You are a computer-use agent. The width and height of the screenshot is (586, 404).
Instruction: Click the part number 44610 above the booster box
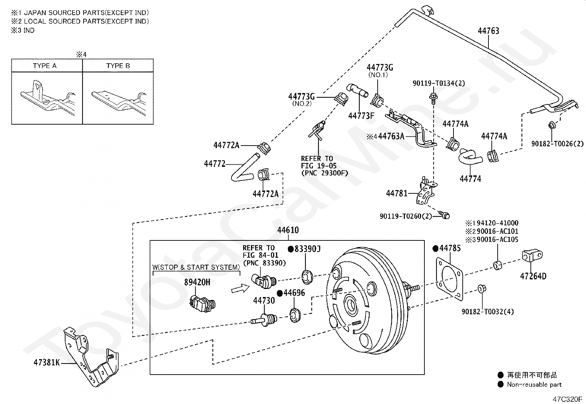pyautogui.click(x=288, y=230)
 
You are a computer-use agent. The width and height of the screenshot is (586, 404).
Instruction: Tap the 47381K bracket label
pyautogui.click(x=47, y=362)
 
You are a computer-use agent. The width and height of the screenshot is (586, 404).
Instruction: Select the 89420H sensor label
pyautogui.click(x=197, y=282)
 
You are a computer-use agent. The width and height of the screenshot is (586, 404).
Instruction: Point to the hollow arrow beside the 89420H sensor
pyautogui.click(x=240, y=289)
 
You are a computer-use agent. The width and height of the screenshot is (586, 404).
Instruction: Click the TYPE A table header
pyautogui.click(x=45, y=65)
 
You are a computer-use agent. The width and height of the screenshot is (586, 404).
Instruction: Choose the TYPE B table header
pyautogui.click(x=118, y=65)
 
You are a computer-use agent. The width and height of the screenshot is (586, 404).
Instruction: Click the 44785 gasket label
pyautogui.click(x=450, y=248)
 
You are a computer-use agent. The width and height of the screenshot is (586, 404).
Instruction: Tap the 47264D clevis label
pyautogui.click(x=533, y=276)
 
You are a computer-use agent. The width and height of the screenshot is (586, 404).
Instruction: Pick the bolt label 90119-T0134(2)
pyautogui.click(x=439, y=83)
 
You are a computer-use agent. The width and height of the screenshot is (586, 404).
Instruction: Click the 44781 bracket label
pyautogui.click(x=396, y=193)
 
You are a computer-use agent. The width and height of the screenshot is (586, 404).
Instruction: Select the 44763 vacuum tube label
pyautogui.click(x=488, y=31)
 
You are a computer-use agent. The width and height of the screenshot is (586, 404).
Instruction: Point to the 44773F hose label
pyautogui.click(x=361, y=116)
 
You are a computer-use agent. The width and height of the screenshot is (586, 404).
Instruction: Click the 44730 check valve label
pyautogui.click(x=264, y=300)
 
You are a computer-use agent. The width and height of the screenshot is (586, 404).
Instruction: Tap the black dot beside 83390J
pyautogui.click(x=291, y=249)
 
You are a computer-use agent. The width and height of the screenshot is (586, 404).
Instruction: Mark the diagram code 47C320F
pyautogui.click(x=568, y=399)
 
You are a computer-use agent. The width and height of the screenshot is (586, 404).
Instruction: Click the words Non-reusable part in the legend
pyautogui.click(x=534, y=385)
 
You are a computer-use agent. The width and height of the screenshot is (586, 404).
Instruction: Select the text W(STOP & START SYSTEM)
pyautogui.click(x=196, y=267)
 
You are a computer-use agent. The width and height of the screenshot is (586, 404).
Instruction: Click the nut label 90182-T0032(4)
pyautogui.click(x=488, y=311)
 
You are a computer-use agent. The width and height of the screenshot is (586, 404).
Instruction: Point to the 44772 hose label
pyautogui.click(x=215, y=164)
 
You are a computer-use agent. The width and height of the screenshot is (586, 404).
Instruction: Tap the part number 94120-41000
pyautogui.click(x=497, y=223)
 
